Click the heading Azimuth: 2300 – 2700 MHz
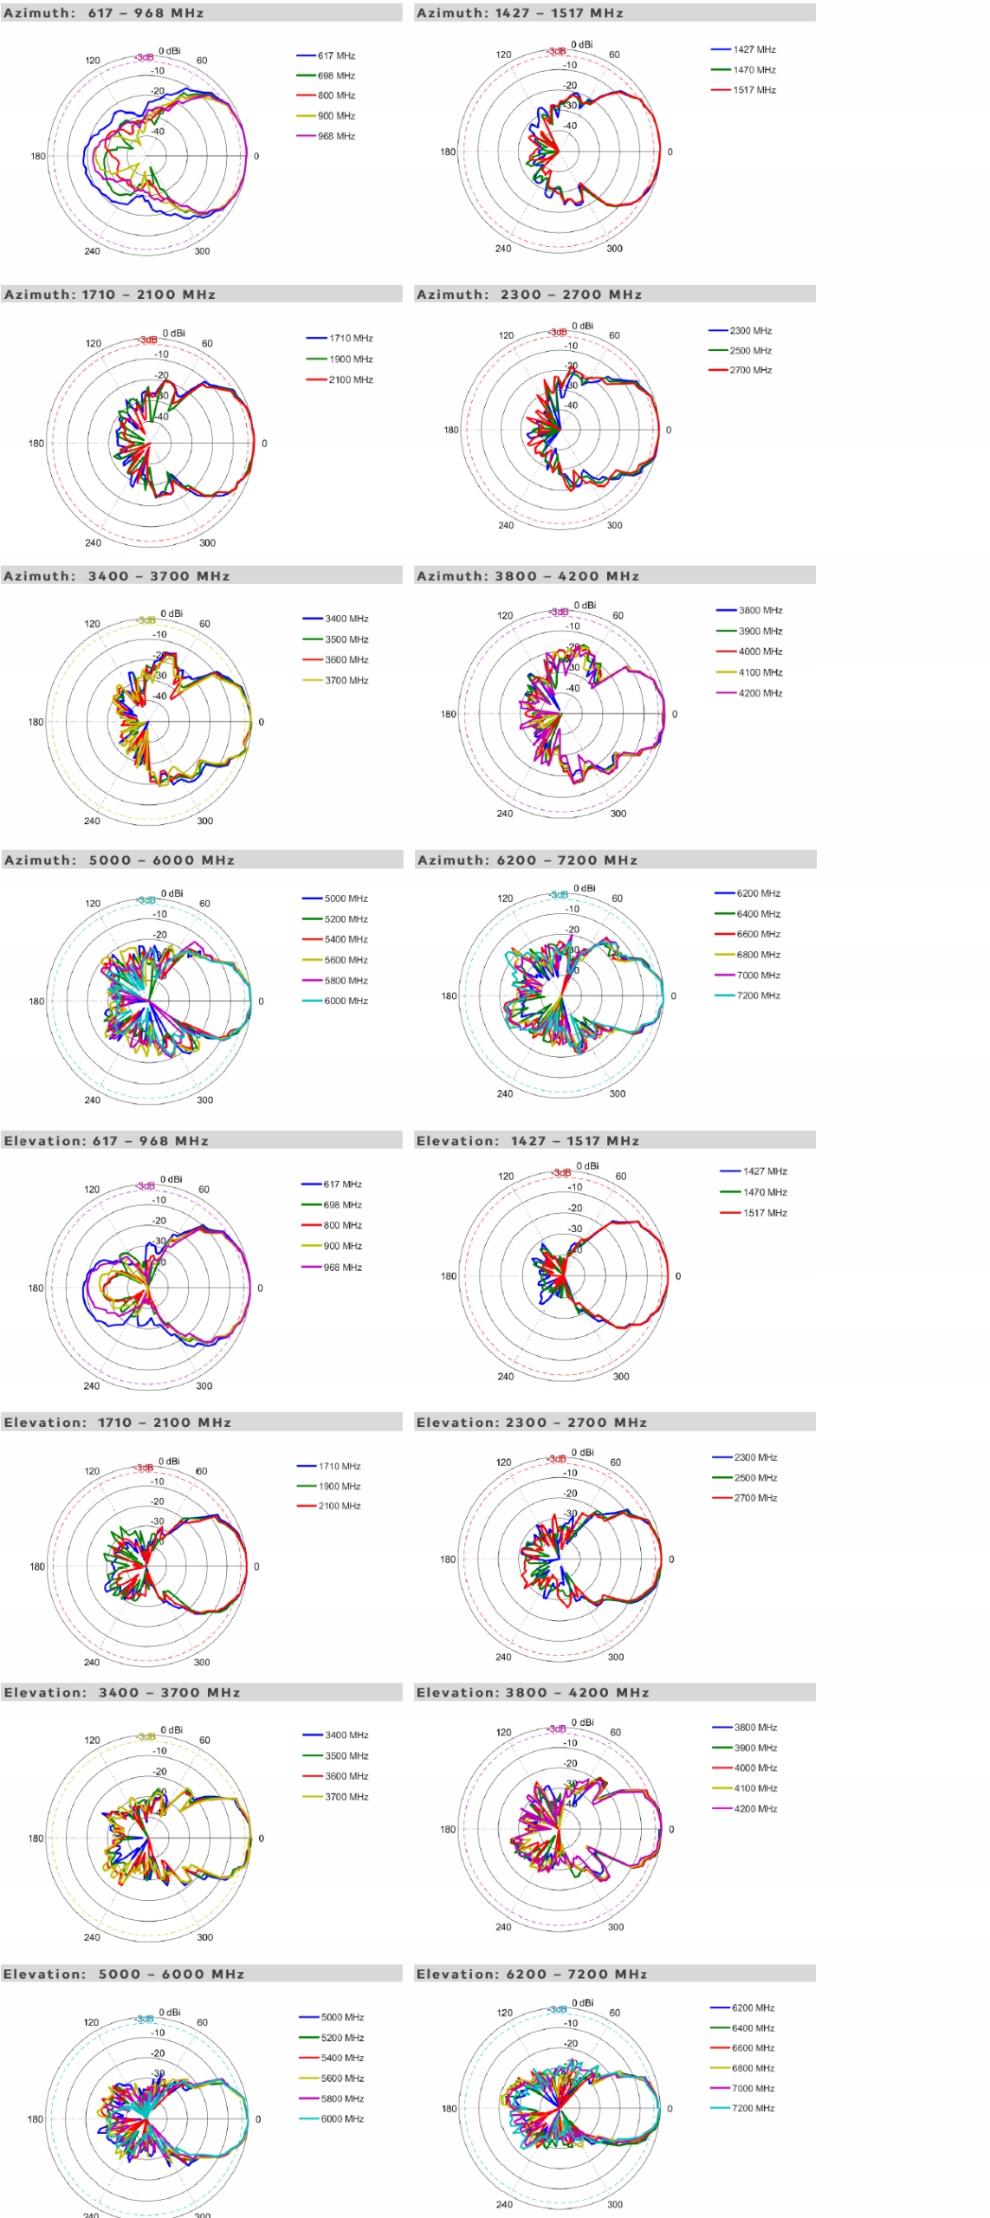coord(529,295)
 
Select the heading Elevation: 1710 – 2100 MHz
coord(118,1423)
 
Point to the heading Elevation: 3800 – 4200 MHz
coord(533,1692)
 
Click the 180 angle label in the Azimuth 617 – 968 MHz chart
coord(38,157)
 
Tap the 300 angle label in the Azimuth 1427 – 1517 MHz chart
coord(614,249)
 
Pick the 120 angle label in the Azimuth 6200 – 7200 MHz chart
coord(505,898)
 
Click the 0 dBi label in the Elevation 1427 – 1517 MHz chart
coord(587,1165)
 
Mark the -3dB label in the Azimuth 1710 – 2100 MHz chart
coord(148,340)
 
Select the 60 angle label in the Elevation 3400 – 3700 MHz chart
coord(204,1740)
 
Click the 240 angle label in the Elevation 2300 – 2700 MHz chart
coord(503,1657)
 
